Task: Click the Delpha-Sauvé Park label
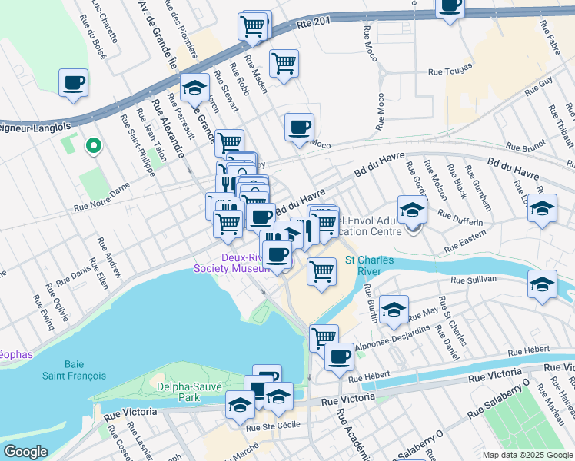[177, 392]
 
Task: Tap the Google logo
[26, 452]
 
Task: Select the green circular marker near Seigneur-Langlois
[93, 145]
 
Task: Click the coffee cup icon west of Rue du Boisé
[73, 83]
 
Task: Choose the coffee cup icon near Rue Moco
[299, 127]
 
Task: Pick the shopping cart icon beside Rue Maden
[284, 63]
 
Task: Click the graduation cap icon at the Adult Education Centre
[412, 209]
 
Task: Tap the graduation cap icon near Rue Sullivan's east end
[543, 283]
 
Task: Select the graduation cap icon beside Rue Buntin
[394, 309]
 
